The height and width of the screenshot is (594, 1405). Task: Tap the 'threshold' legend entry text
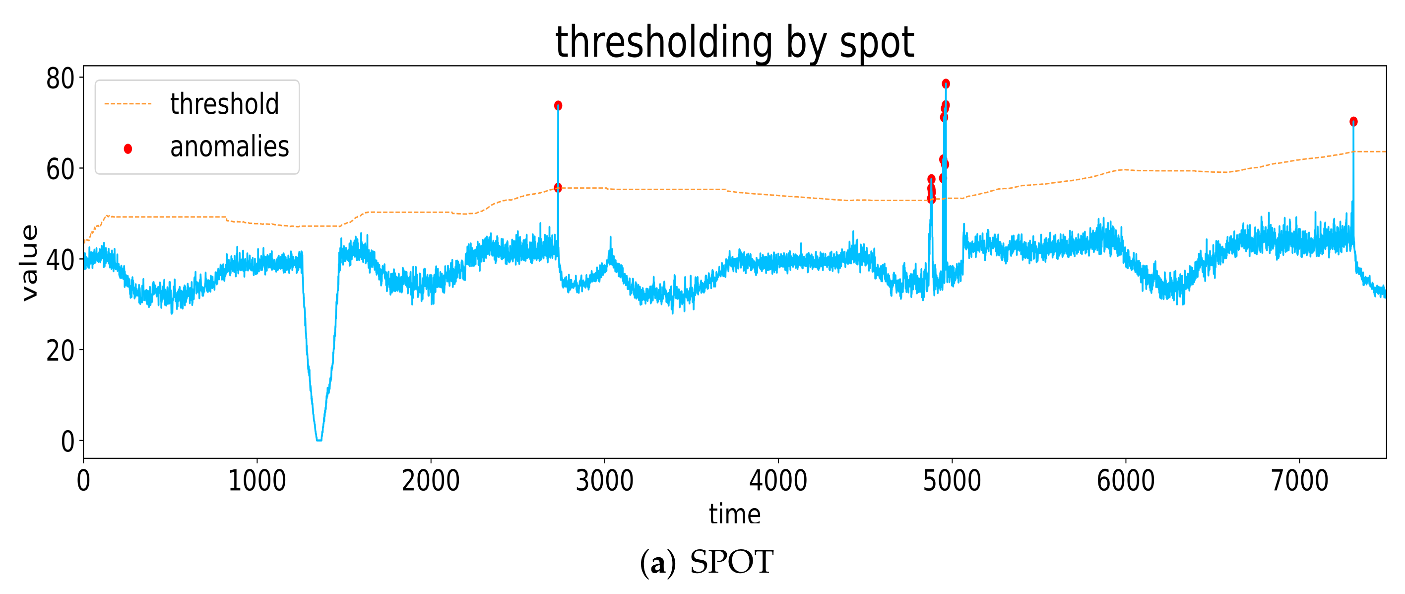(x=224, y=104)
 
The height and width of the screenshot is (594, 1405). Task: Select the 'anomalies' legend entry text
(x=229, y=147)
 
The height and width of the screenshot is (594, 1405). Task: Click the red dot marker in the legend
(x=128, y=148)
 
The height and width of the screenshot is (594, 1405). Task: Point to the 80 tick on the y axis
(x=60, y=78)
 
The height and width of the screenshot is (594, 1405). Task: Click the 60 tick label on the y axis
(x=60, y=169)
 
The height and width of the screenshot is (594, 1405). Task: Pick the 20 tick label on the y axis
(x=60, y=351)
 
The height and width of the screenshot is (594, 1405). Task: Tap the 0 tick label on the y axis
(x=67, y=442)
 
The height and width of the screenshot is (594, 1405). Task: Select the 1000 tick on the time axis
(x=257, y=481)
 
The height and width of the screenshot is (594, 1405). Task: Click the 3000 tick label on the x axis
(x=604, y=481)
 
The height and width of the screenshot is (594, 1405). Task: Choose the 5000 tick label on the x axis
(x=952, y=481)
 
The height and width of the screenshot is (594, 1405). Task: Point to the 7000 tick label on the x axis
(x=1299, y=481)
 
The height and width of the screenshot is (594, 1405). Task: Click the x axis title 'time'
(x=734, y=514)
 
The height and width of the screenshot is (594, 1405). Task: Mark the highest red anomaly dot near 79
(x=946, y=83)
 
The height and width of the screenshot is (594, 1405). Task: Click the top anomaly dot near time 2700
(x=558, y=105)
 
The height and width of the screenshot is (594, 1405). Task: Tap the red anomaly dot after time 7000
(x=1353, y=121)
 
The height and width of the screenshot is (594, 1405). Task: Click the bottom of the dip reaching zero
(x=319, y=440)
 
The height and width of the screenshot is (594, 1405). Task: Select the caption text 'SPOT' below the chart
(x=731, y=562)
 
